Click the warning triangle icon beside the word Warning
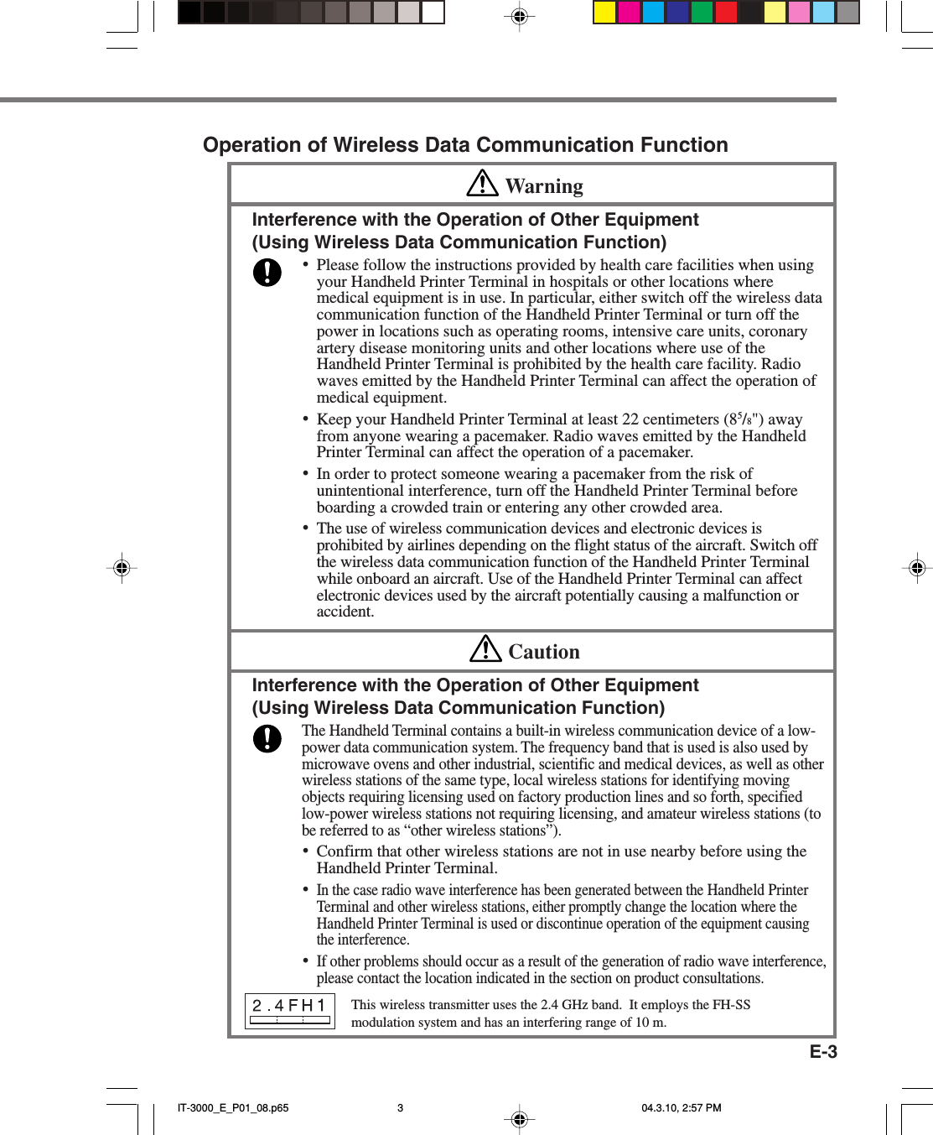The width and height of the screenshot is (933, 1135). [482, 183]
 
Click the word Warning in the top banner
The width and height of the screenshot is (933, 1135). [544, 186]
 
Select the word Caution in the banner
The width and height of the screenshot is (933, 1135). [544, 652]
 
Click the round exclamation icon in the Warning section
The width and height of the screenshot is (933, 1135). [267, 272]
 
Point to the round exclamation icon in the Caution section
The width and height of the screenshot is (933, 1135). [267, 738]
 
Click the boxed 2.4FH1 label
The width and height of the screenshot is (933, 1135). [289, 1011]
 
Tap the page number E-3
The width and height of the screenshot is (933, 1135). [823, 1052]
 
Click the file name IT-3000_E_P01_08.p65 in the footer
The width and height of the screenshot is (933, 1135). [233, 1107]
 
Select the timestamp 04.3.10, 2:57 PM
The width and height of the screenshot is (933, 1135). [681, 1107]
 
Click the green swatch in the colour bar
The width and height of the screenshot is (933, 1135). [702, 13]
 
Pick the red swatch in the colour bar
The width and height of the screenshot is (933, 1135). [726, 13]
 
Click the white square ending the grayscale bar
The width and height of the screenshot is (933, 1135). [433, 13]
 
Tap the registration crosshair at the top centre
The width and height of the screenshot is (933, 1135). [519, 16]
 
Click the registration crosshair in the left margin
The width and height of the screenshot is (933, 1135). [122, 568]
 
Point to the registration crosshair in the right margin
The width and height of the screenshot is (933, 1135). [917, 568]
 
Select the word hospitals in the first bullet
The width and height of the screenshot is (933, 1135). [575, 282]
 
